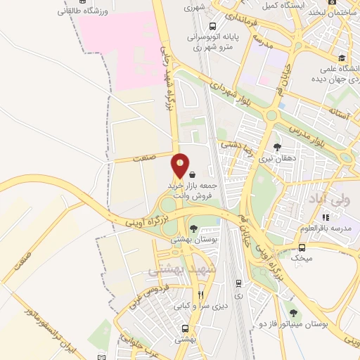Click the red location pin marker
tap(181, 165)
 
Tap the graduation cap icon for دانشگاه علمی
tap(342, 58)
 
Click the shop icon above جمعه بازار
tap(193, 173)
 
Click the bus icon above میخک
tap(302, 247)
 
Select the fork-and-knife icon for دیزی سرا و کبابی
tap(200, 295)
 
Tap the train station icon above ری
tap(238, 283)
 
